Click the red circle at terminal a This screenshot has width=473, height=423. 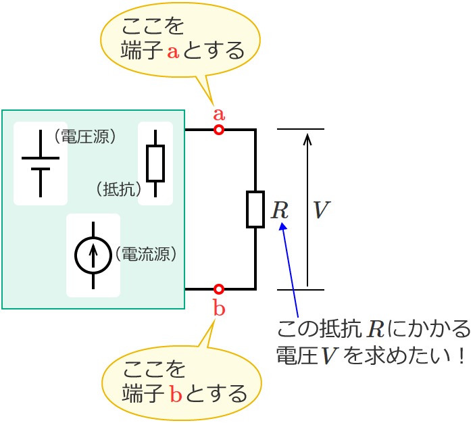coord(219,130)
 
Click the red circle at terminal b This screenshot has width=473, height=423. coord(219,289)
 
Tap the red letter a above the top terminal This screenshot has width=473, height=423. coord(219,114)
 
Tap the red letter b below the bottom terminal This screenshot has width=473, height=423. coord(219,308)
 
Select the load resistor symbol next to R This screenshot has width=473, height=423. coord(255,209)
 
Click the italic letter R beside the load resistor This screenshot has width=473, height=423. coord(279,210)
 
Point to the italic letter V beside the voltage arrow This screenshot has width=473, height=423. coord(321,210)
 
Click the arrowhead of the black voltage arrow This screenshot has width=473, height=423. coord(307,139)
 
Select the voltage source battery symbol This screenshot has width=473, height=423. coord(41,163)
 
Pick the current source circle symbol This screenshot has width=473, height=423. coord(93,255)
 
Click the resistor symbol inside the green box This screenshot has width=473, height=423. coord(155,164)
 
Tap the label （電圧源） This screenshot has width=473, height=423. coord(85,137)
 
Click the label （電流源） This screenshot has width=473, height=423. coord(147,254)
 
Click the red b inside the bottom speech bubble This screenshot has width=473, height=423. coord(176,394)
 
